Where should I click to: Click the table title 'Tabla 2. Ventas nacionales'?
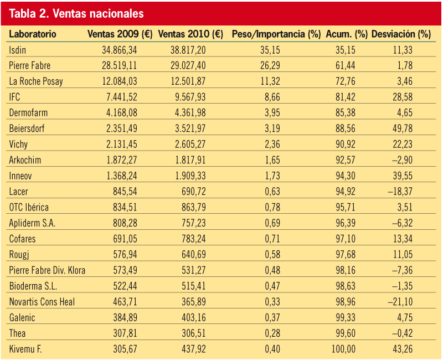(x=76, y=13)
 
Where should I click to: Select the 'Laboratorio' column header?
(x=33, y=34)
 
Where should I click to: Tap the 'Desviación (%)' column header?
(x=401, y=34)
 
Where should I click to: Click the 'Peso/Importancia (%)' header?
(x=276, y=34)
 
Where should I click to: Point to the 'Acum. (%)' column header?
(x=347, y=34)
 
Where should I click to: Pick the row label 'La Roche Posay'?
(x=36, y=81)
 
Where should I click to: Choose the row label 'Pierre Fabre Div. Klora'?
(x=47, y=270)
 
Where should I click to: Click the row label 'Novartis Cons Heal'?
(x=42, y=302)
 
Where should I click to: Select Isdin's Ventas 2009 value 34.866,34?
(x=119, y=50)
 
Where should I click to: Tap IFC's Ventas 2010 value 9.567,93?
(x=190, y=97)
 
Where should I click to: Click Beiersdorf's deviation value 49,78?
(x=403, y=128)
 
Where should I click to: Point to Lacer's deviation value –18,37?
(x=400, y=192)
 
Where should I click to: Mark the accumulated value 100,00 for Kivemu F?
(x=343, y=349)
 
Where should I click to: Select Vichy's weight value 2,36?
(x=272, y=145)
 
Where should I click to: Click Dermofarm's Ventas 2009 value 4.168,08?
(x=121, y=113)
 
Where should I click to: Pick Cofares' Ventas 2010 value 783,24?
(x=193, y=239)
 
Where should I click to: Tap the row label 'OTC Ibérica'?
(x=29, y=207)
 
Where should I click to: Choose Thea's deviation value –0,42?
(x=403, y=333)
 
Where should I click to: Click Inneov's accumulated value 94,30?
(x=346, y=176)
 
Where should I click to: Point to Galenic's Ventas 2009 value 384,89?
(x=125, y=317)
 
